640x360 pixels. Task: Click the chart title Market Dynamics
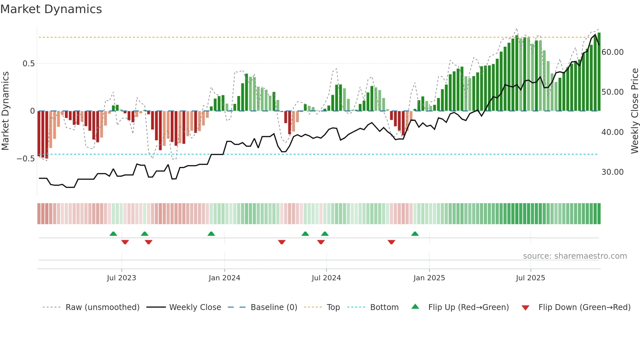[51, 9]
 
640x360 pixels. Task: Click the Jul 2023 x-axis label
[121, 278]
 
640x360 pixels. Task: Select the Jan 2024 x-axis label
[224, 278]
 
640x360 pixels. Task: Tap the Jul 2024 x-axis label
[326, 278]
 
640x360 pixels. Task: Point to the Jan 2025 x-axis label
[429, 278]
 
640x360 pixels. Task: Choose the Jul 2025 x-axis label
[530, 278]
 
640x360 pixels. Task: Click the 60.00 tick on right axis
[612, 52]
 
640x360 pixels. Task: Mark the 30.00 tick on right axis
[612, 172]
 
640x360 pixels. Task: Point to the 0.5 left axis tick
[28, 64]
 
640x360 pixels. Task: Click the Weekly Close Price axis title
[634, 111]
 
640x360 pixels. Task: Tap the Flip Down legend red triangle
[525, 308]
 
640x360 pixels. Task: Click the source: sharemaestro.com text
[575, 256]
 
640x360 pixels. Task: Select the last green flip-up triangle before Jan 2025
[415, 234]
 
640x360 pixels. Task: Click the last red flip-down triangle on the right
[391, 242]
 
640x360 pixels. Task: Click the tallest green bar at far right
[599, 72]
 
